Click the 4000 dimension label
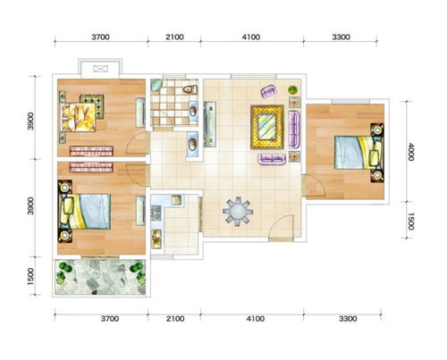(410, 152)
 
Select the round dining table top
(238, 212)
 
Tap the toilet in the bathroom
(190, 89)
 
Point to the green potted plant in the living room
(293, 89)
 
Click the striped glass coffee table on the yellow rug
(267, 127)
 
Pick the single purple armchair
(269, 91)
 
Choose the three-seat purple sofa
(294, 130)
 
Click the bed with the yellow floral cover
(79, 116)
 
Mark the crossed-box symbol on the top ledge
(100, 69)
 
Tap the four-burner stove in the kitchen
(156, 213)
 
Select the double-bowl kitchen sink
(156, 239)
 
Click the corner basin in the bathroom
(156, 85)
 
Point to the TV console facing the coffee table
(210, 124)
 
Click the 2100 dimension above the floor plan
(174, 38)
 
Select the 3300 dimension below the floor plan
(348, 319)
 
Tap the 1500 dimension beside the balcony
(30, 276)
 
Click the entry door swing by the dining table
(282, 226)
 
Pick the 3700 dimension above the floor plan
(100, 38)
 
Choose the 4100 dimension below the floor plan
(256, 319)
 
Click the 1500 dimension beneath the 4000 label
(410, 222)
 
